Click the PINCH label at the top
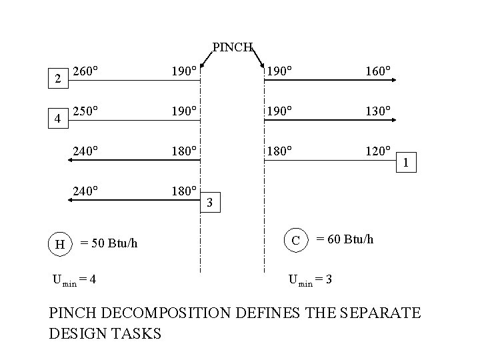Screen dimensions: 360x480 click(x=232, y=47)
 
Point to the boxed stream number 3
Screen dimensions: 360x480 click(x=210, y=201)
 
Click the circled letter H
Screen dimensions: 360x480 click(x=59, y=244)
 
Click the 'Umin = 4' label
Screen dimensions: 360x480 click(x=76, y=279)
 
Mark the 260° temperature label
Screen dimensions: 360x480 click(x=86, y=70)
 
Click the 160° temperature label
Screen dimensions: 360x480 click(x=377, y=70)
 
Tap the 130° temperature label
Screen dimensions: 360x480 click(x=377, y=110)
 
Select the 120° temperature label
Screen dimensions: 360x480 click(x=377, y=151)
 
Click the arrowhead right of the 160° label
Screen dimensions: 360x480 click(x=395, y=80)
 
